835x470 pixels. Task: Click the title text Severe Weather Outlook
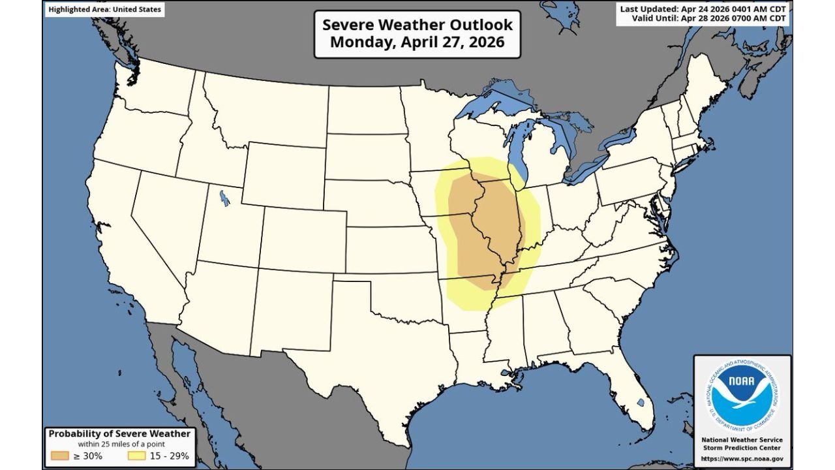(x=417, y=25)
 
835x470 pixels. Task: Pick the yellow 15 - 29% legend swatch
(x=138, y=456)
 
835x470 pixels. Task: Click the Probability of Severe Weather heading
(x=119, y=433)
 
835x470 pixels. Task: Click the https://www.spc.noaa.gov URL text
(x=742, y=459)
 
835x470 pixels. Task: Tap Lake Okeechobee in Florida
(x=641, y=403)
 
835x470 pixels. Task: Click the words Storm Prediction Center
(x=742, y=448)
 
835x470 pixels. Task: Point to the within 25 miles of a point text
(x=119, y=445)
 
